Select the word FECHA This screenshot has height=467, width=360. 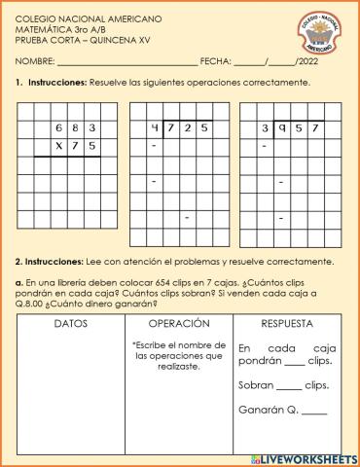tap(214, 61)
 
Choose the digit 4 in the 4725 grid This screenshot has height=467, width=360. tap(155, 127)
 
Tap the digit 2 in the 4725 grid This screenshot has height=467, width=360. tap(189, 127)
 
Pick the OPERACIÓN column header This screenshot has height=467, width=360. tap(179, 323)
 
